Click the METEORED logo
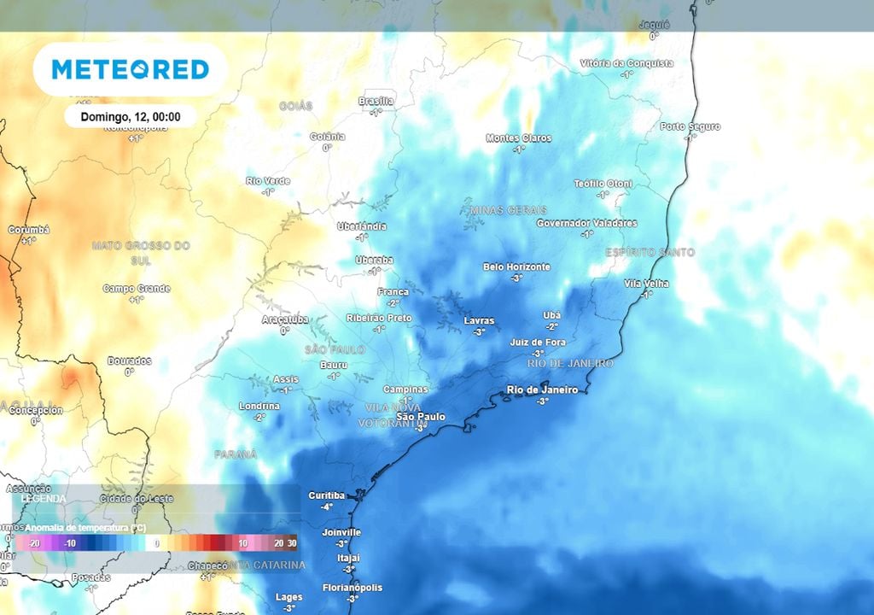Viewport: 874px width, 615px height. click(x=130, y=69)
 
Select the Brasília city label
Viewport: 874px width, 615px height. click(x=376, y=102)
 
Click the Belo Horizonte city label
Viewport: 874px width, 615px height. click(x=516, y=266)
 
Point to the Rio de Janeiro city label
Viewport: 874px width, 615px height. click(x=542, y=389)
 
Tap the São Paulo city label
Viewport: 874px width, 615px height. click(x=420, y=416)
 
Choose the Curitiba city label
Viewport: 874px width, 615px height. click(x=326, y=495)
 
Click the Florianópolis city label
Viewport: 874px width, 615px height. click(x=352, y=588)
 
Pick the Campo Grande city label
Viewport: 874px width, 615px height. click(x=137, y=289)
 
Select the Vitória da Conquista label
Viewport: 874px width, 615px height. click(x=626, y=63)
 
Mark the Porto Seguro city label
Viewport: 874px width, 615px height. click(x=690, y=126)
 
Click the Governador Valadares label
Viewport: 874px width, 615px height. click(x=586, y=223)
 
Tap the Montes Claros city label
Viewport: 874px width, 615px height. click(x=519, y=138)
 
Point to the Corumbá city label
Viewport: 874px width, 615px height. click(x=29, y=230)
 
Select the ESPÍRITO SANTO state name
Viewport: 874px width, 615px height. click(x=650, y=252)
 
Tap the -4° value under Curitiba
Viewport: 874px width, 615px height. click(x=326, y=507)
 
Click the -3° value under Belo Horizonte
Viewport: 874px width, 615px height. click(x=516, y=278)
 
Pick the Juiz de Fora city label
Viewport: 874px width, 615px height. click(x=538, y=342)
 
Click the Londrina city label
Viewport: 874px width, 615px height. click(x=259, y=406)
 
